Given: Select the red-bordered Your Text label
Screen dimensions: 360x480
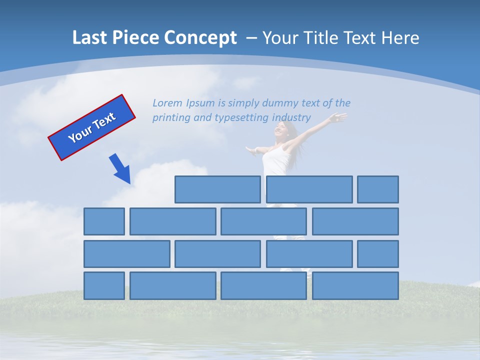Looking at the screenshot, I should click(x=92, y=127).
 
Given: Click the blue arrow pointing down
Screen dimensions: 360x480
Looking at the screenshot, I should click(x=120, y=169).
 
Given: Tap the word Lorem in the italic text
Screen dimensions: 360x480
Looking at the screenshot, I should click(x=167, y=103).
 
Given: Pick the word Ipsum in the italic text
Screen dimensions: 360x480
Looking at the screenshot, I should click(x=200, y=103).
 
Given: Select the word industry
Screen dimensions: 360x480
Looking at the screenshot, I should click(x=291, y=118).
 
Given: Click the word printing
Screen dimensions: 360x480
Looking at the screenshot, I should click(x=170, y=118).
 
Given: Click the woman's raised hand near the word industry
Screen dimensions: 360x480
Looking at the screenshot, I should click(x=339, y=117).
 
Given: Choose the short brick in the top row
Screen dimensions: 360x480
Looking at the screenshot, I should click(x=377, y=189).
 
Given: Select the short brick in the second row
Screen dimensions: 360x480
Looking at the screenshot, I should click(x=104, y=221).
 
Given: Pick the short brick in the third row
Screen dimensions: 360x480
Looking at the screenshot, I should click(x=377, y=254).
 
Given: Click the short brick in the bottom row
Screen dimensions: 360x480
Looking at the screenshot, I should click(x=104, y=286).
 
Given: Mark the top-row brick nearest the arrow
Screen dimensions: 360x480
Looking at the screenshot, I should click(x=217, y=189).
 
